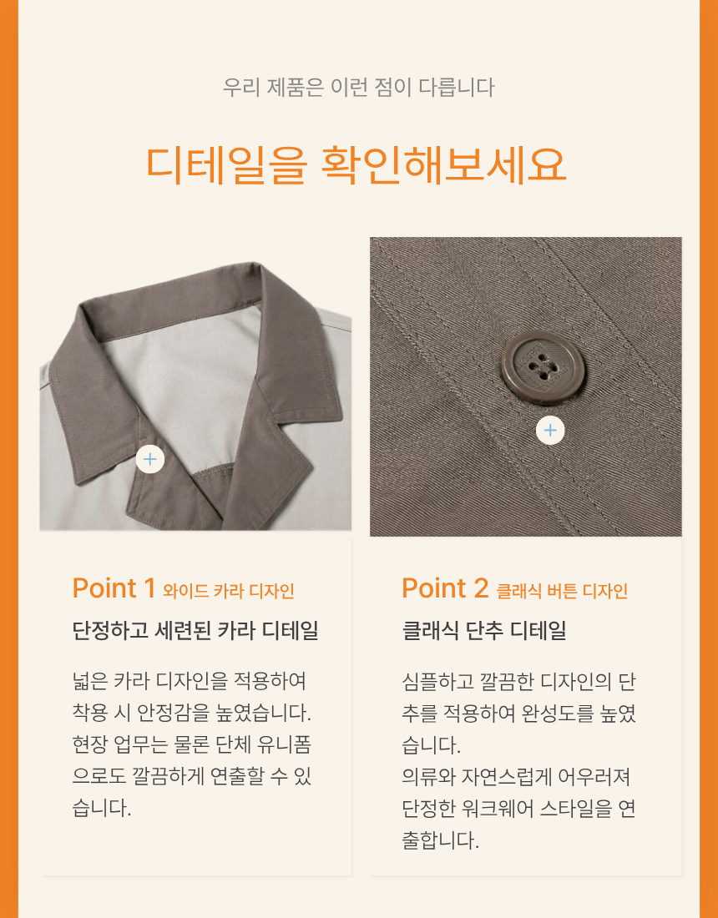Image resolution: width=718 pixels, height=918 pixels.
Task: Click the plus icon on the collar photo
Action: (150, 459)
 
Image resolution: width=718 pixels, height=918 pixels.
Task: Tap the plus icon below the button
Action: (550, 431)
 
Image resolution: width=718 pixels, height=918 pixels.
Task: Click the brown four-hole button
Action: (536, 368)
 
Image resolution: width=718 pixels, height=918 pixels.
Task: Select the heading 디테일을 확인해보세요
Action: (356, 164)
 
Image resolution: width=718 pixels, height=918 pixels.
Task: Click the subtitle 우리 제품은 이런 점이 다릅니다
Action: (358, 88)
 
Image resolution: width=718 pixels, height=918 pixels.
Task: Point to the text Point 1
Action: (114, 588)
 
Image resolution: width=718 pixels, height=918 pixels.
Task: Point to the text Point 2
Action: (445, 588)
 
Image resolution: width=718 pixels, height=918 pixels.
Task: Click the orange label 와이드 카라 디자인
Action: (229, 591)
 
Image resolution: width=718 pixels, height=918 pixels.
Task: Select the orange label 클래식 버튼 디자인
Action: (562, 591)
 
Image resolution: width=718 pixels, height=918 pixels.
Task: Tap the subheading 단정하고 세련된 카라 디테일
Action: (195, 631)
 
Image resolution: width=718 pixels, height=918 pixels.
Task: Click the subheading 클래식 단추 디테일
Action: (484, 631)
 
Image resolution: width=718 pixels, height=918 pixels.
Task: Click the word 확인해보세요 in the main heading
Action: (444, 164)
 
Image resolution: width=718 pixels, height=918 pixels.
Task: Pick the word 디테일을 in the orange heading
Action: (226, 164)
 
